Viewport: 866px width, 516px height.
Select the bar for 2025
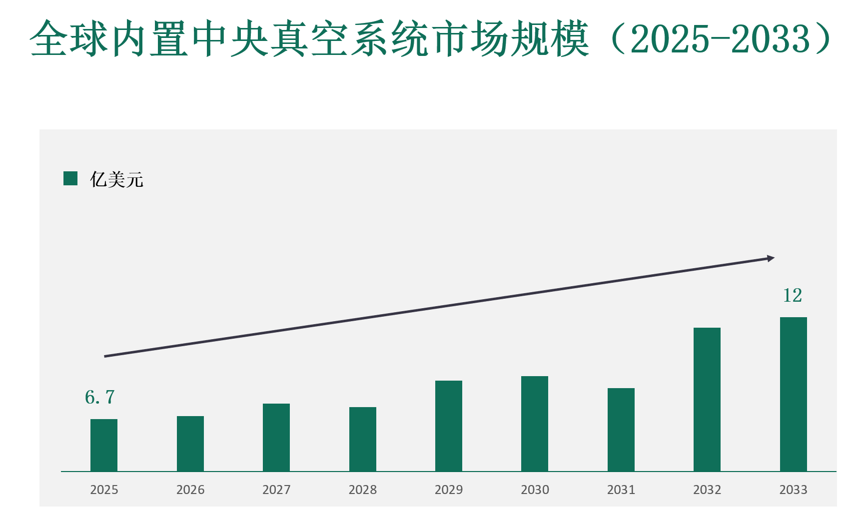pos(104,445)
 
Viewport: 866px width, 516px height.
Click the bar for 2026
pos(190,444)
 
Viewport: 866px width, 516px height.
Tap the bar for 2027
pos(276,437)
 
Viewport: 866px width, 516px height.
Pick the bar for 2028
pos(363,439)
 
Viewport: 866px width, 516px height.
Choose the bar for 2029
pos(449,426)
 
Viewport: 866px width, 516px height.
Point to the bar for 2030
pos(535,424)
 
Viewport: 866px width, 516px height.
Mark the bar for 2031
pos(621,430)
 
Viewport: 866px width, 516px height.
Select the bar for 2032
pos(707,399)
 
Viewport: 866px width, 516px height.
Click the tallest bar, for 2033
pos(794,394)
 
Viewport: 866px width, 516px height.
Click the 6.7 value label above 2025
pos(100,398)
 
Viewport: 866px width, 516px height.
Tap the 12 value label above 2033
pos(793,295)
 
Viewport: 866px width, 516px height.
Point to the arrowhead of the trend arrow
pos(771,258)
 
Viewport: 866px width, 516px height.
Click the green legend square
pos(70,178)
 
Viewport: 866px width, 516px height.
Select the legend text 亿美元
pos(116,179)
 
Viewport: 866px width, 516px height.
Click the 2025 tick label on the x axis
pos(104,490)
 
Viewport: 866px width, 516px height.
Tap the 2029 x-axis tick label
pos(449,490)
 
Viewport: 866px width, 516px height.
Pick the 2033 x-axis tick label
pos(794,490)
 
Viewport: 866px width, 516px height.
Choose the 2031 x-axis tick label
pos(621,490)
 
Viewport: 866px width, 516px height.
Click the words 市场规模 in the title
pos(510,39)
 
